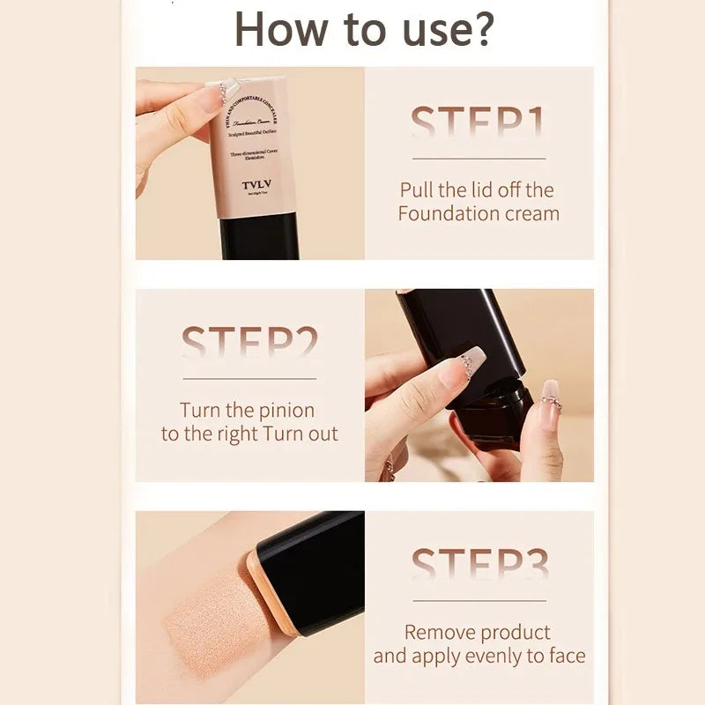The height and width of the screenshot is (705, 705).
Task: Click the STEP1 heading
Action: coord(479,123)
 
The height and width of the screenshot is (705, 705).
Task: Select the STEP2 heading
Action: coord(250,344)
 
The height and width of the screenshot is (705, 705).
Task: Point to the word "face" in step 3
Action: coord(566,656)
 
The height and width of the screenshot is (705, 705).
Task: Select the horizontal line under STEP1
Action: coord(479,159)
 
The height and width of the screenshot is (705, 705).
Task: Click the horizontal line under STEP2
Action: coord(250,378)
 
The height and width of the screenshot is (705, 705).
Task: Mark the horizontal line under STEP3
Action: coord(479,600)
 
